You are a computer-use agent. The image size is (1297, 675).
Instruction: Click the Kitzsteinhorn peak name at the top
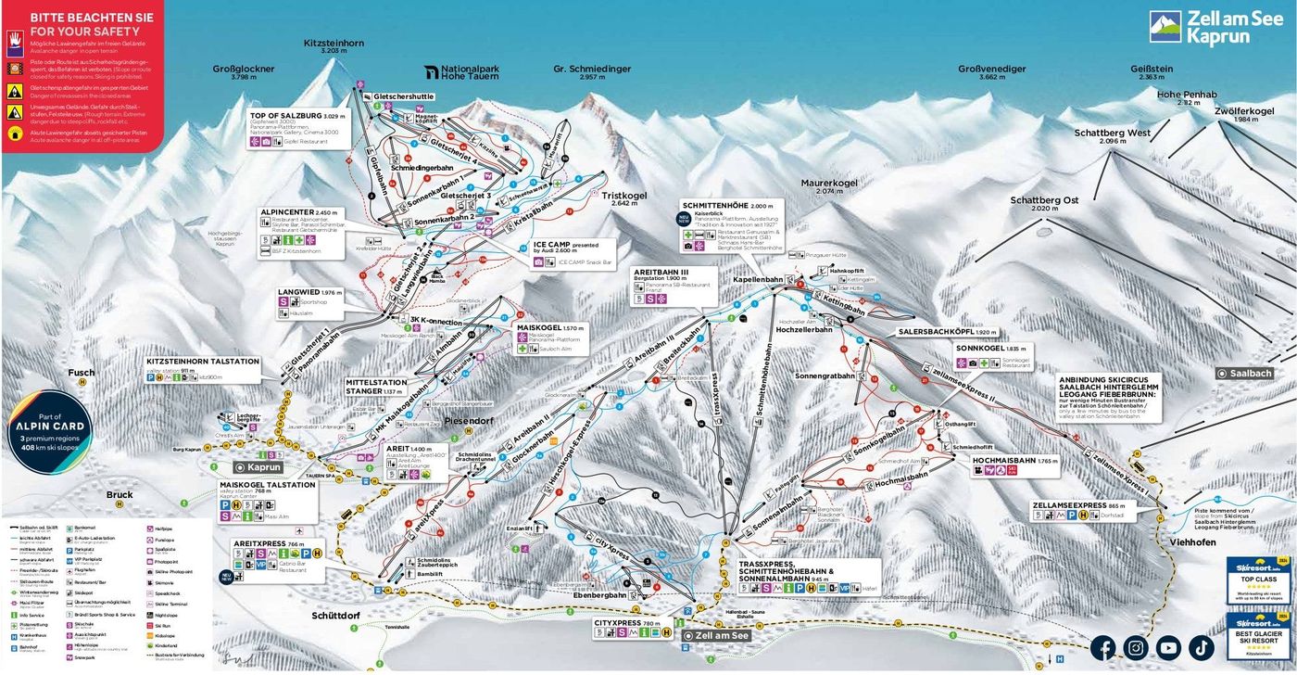pyautogui.click(x=333, y=43)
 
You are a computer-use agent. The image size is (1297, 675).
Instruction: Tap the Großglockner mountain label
pyautogui.click(x=243, y=69)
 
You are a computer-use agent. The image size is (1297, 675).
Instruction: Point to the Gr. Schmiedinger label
pyautogui.click(x=592, y=69)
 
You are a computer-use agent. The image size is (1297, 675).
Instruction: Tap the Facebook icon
pyautogui.click(x=1102, y=647)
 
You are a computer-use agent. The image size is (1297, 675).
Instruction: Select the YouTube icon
pyautogui.click(x=1168, y=647)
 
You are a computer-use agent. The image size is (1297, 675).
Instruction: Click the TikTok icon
pyautogui.click(x=1201, y=647)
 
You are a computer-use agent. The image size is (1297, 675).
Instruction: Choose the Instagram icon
pyautogui.click(x=1136, y=647)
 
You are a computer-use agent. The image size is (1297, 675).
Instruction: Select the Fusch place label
pyautogui.click(x=82, y=373)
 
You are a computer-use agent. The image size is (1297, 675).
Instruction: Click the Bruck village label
pyautogui.click(x=120, y=495)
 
